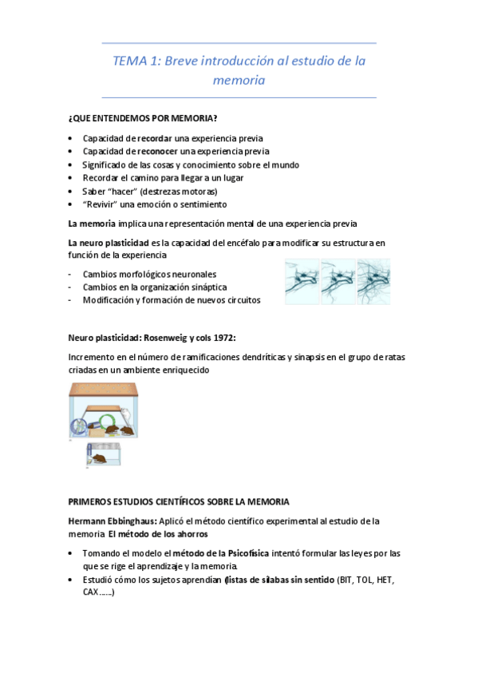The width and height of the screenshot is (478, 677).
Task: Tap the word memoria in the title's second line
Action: pos(239,81)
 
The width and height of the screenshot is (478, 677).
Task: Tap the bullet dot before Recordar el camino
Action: pos(71,178)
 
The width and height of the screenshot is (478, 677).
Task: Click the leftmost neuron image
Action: pos(302,281)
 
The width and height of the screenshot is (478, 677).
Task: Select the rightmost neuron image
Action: pos(373,281)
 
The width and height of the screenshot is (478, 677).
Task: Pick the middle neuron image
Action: pos(338,281)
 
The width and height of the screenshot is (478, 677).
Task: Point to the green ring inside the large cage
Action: pos(83,426)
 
